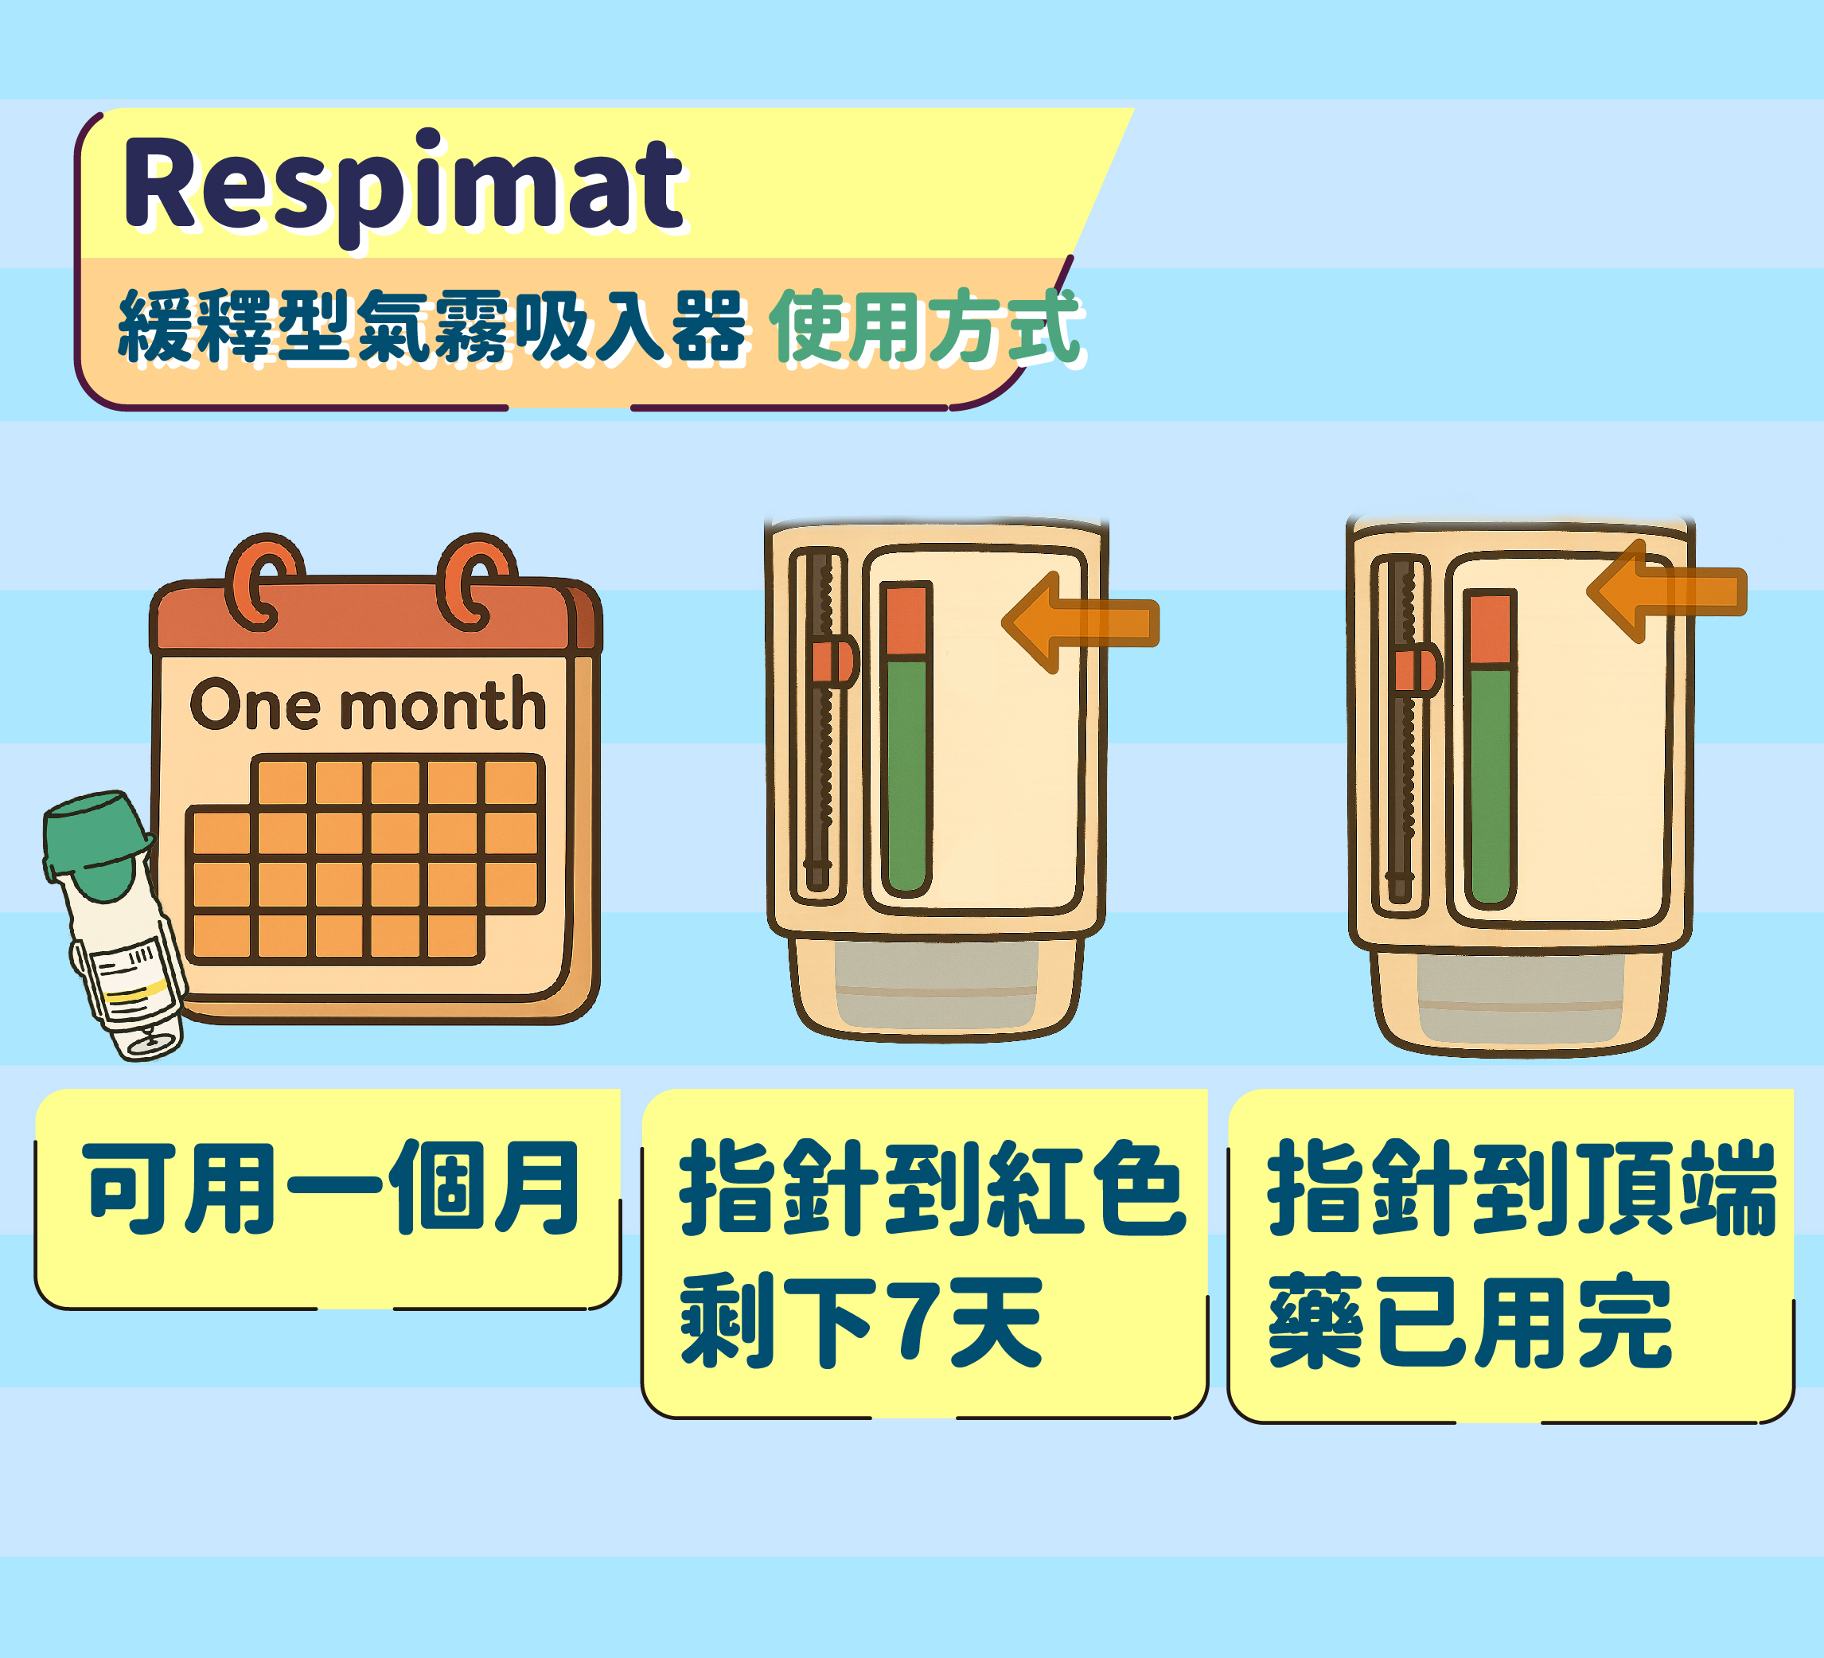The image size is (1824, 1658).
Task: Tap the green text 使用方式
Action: pyautogui.click(x=926, y=326)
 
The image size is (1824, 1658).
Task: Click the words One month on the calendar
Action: pyautogui.click(x=368, y=705)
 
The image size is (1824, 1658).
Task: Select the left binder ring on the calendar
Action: pyautogui.click(x=263, y=582)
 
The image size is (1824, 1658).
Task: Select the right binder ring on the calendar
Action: pyautogui.click(x=476, y=582)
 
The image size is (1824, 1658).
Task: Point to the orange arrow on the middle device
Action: pyautogui.click(x=1080, y=622)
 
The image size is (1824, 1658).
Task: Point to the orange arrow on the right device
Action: pyautogui.click(x=1666, y=592)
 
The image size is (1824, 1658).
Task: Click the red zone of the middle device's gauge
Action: pyautogui.click(x=906, y=621)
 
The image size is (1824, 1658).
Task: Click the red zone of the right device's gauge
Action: pyautogui.click(x=1489, y=630)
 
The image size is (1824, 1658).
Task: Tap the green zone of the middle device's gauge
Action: pyautogui.click(x=906, y=774)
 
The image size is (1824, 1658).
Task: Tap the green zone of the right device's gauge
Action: pyautogui.click(x=1489, y=786)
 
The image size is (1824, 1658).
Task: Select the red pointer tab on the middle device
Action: pyautogui.click(x=832, y=662)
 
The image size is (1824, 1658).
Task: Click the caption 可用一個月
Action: pyautogui.click(x=331, y=1188)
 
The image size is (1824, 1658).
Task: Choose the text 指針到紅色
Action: pyautogui.click(x=932, y=1188)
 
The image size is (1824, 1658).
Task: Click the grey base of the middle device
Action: pyautogui.click(x=936, y=985)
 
